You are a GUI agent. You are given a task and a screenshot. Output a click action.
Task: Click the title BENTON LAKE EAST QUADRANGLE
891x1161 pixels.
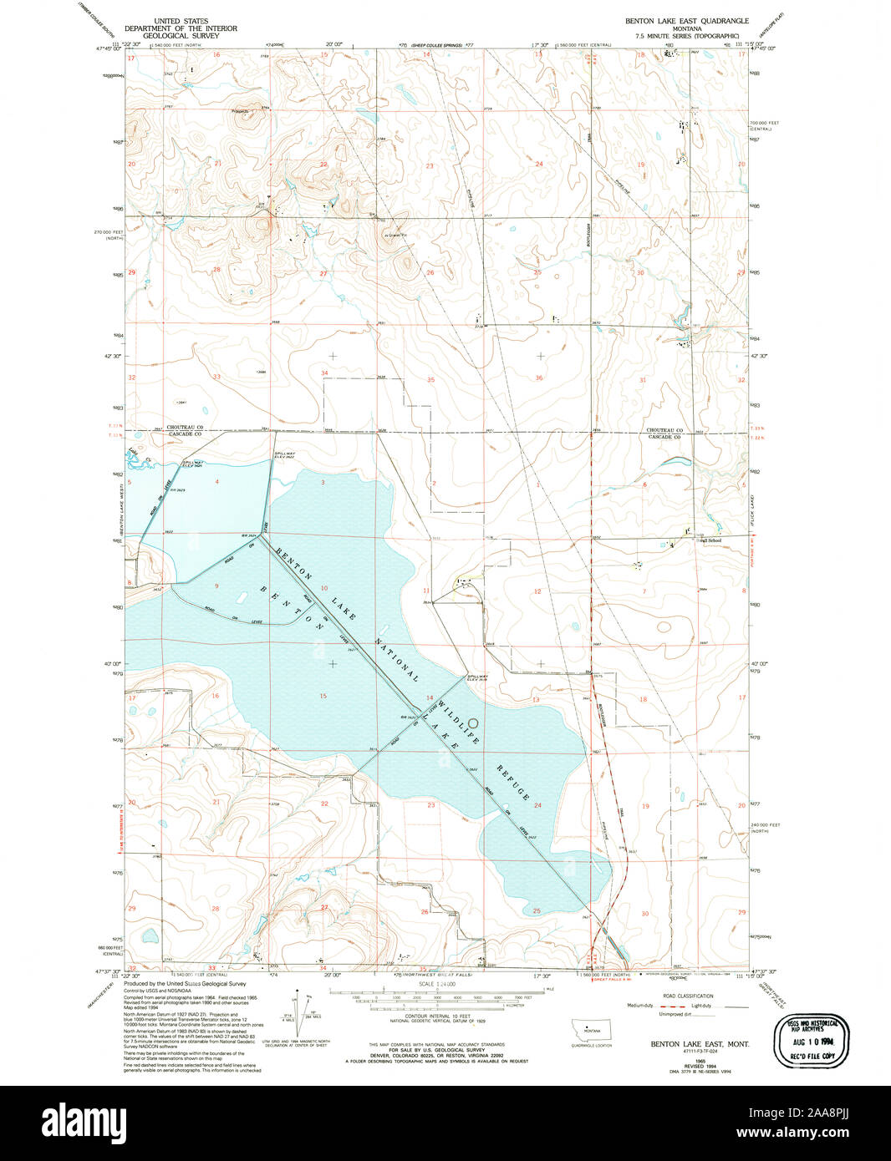688,20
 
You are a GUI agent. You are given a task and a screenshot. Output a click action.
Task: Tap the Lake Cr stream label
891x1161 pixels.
136,456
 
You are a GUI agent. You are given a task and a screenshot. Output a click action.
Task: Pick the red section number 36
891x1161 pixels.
538,378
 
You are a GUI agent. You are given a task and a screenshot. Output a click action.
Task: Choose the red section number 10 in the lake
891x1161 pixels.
323,588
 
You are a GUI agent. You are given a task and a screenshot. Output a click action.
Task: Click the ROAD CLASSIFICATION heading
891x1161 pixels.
687,996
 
